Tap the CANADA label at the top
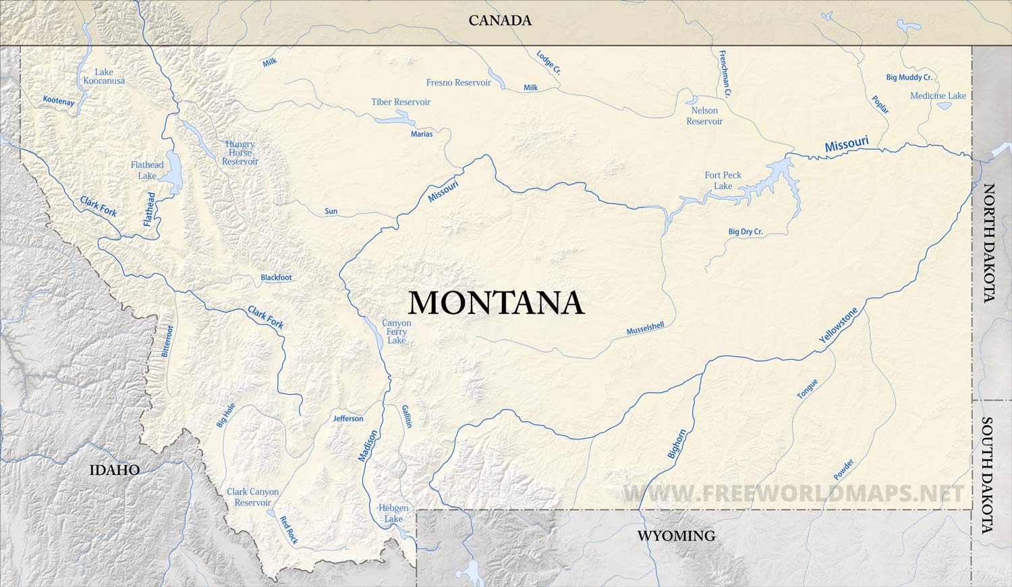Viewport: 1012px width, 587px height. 500,20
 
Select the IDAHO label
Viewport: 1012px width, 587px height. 115,470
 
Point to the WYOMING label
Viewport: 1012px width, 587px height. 676,536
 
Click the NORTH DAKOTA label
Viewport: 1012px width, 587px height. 989,243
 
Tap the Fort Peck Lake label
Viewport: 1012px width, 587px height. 723,180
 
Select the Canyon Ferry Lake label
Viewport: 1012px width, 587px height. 397,331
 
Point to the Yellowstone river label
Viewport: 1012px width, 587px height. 839,327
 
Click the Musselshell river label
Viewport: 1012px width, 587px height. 645,329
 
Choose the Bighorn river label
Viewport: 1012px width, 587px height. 677,444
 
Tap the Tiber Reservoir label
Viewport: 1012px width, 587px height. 401,102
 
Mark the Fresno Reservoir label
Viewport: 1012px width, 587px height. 459,82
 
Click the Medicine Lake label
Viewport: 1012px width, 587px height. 938,96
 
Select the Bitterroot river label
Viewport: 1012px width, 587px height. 167,341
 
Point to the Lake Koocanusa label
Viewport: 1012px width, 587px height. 104,76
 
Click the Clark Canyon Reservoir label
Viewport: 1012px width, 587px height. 253,497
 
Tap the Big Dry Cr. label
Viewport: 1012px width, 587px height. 746,231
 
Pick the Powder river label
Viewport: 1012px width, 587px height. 843,470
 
